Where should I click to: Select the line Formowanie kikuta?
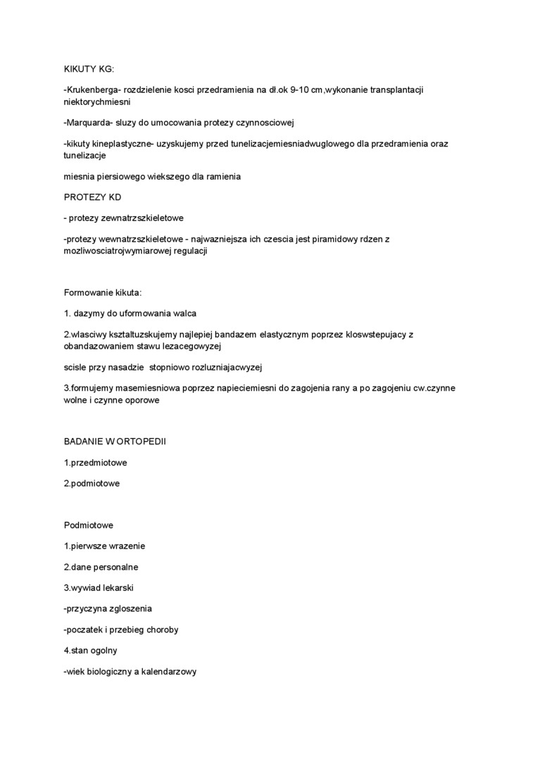[103, 292]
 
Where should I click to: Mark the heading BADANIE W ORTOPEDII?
[115, 442]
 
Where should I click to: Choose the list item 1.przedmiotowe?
[95, 463]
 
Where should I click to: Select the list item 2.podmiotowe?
[92, 483]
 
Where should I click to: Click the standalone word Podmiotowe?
[89, 525]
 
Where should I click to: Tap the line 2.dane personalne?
[101, 566]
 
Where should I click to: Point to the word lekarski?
[117, 587]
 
